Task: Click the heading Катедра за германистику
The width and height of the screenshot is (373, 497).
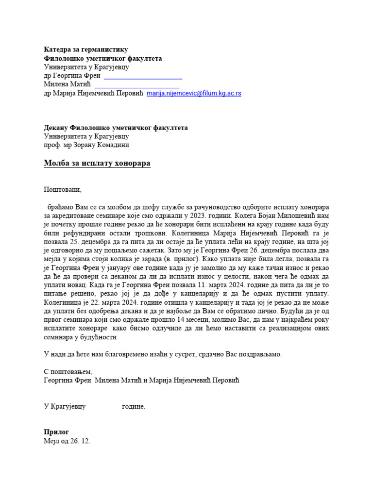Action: click(x=86, y=50)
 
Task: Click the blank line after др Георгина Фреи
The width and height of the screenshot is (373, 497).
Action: click(x=143, y=77)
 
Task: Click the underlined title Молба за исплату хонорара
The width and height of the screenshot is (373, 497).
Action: click(x=97, y=164)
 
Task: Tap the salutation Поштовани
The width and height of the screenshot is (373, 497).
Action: click(x=63, y=190)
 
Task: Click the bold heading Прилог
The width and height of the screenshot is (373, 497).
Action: click(x=56, y=432)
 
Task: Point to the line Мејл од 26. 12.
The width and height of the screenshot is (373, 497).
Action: click(x=67, y=441)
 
